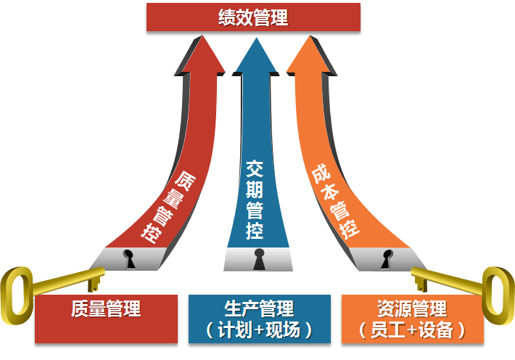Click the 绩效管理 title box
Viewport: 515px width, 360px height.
point(253,17)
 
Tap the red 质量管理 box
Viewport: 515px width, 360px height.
point(106,318)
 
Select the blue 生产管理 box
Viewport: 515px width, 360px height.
point(259,318)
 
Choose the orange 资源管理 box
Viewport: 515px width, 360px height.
point(412,318)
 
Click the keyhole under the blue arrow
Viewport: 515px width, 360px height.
point(259,259)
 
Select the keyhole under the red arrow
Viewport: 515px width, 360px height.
point(130,257)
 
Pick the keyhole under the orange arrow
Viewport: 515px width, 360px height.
point(387,258)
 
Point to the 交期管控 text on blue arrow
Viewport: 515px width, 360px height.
point(254,200)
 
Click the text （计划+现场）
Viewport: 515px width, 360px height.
point(259,330)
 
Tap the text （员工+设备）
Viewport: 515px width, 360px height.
point(411,330)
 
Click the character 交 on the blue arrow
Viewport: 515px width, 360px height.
point(254,169)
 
